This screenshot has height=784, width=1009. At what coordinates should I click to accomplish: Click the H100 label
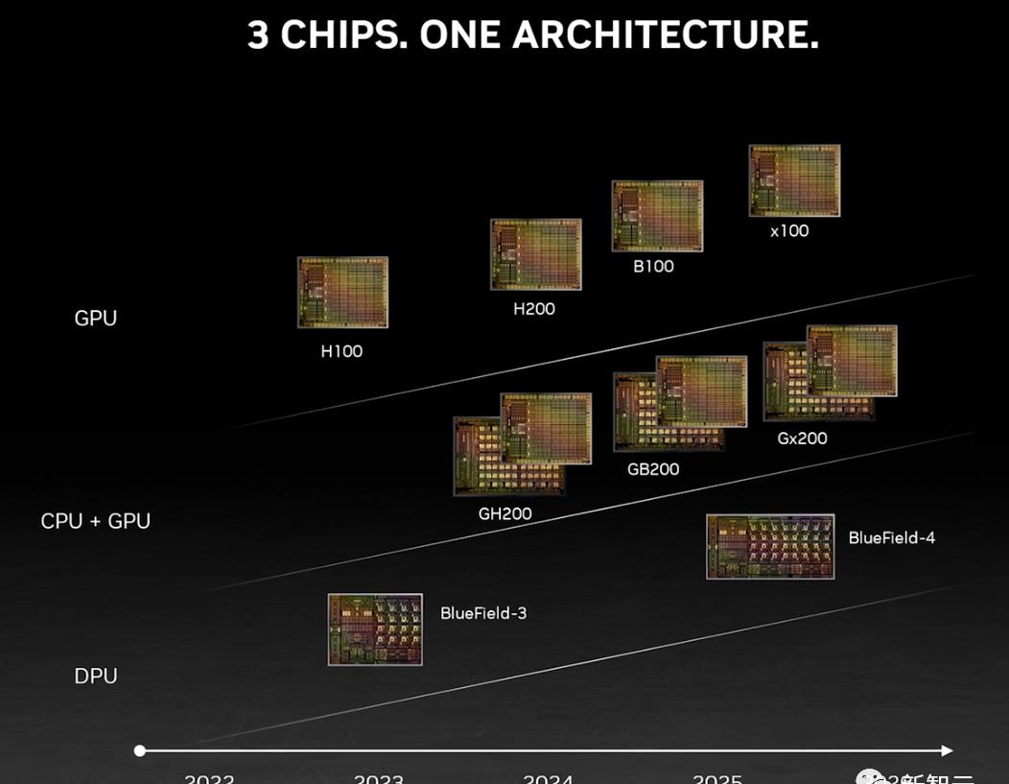point(341,351)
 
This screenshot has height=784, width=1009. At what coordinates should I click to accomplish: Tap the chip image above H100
point(342,292)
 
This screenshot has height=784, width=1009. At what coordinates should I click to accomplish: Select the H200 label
point(534,309)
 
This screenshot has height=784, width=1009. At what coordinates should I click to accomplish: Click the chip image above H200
point(536,254)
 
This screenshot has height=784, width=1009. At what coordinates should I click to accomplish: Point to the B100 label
point(653,266)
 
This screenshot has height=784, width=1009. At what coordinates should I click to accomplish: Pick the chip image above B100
point(657,216)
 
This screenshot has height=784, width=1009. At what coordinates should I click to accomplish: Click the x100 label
point(789,230)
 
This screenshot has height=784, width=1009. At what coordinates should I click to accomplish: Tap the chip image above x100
point(794,180)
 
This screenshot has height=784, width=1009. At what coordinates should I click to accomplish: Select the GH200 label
point(504,513)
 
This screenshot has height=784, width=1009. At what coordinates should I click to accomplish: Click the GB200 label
point(653,469)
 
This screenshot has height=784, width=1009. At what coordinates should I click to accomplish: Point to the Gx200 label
point(802,439)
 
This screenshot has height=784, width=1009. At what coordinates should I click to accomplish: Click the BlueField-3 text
point(483,612)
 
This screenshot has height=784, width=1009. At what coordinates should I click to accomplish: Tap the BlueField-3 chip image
point(375,630)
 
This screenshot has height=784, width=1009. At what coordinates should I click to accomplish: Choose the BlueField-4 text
point(891,537)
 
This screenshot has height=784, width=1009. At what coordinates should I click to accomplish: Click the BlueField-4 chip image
point(770,546)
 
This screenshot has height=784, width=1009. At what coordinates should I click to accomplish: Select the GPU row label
point(95,319)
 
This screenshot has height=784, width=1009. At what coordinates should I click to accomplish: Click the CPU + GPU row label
point(95,521)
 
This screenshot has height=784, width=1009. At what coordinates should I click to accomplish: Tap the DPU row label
point(96,676)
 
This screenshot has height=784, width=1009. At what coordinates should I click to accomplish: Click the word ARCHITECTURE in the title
point(665,35)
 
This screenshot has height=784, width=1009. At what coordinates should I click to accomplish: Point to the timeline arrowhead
point(947,750)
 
